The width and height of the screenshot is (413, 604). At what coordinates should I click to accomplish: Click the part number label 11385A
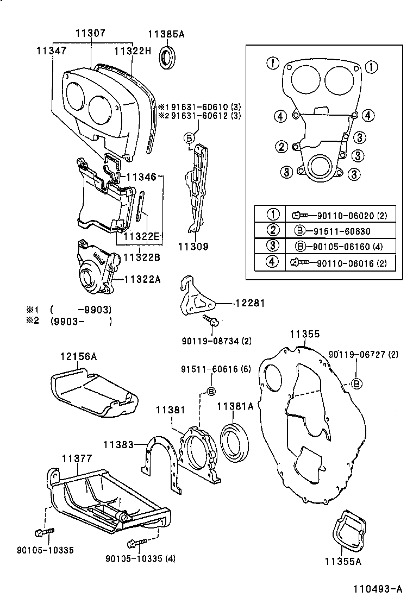[170, 34]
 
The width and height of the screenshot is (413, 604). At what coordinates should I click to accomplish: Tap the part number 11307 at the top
[90, 34]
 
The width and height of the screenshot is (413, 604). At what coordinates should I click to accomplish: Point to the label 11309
[193, 246]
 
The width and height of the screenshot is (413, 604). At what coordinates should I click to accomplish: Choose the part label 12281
[249, 303]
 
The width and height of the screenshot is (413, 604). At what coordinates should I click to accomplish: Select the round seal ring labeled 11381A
[234, 437]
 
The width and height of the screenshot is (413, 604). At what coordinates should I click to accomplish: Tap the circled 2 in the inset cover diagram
[281, 147]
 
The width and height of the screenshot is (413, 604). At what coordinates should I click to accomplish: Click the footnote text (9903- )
[81, 321]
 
